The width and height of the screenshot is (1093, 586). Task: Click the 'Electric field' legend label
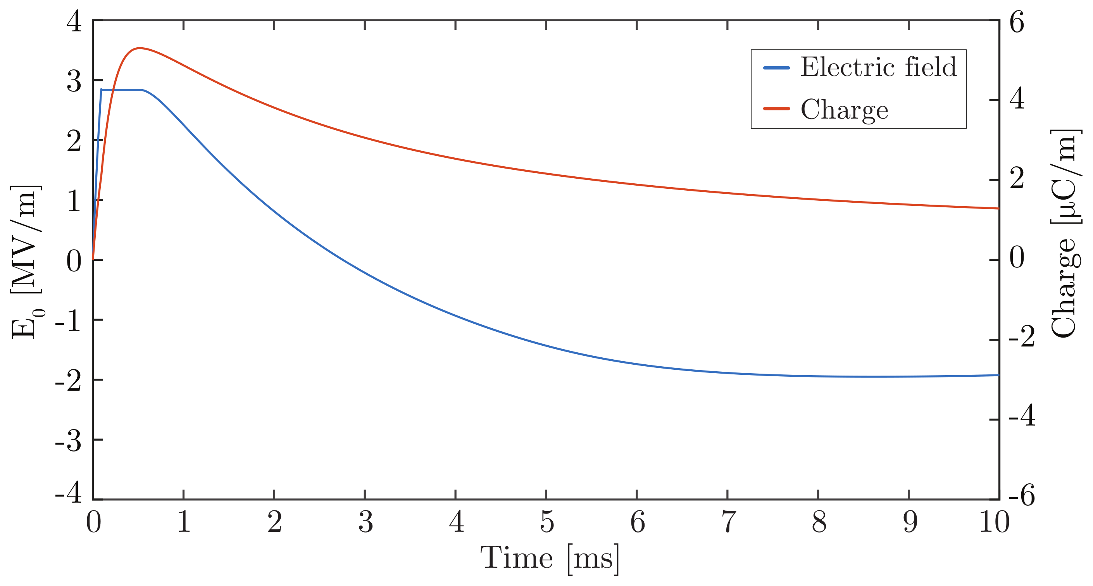878,67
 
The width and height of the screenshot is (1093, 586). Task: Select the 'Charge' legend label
844,109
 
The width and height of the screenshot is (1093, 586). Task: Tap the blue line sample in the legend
776,68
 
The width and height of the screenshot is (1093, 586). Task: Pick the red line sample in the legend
776,109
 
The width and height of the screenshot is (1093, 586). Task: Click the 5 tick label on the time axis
546,522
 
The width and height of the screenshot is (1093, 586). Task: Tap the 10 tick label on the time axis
994,522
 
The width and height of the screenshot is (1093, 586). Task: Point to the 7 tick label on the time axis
728,522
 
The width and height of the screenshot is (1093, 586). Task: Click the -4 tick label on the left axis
69,493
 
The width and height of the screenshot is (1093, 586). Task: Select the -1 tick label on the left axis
69,321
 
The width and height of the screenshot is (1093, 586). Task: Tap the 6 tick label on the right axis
1017,22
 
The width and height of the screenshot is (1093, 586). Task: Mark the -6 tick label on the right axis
1022,496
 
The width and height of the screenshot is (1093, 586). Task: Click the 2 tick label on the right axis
1017,179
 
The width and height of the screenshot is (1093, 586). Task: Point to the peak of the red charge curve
139,48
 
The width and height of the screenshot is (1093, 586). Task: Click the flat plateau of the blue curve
121,90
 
